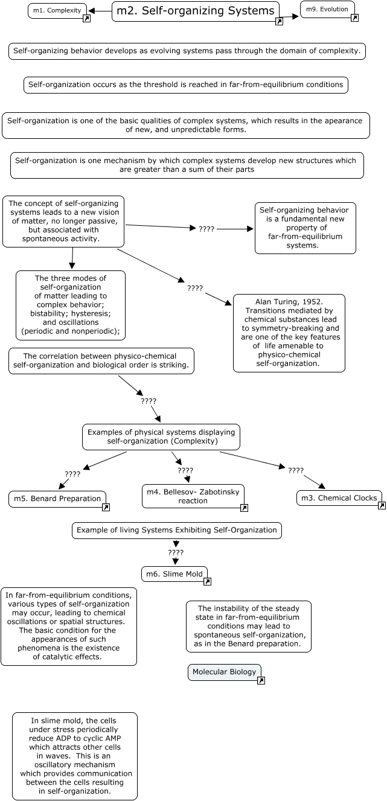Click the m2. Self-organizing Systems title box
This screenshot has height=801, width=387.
[x=195, y=11]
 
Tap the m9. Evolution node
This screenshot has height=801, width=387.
[x=327, y=9]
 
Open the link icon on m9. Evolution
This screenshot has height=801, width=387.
[x=354, y=18]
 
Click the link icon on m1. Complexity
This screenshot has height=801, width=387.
[x=86, y=19]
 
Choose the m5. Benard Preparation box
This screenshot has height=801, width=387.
[x=56, y=499]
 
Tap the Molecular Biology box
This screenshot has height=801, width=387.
[x=224, y=672]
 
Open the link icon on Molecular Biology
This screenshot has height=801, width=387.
[x=261, y=680]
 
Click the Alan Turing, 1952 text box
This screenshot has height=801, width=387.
[x=289, y=333]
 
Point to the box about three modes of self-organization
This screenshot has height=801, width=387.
[x=70, y=305]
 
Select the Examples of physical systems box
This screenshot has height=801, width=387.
[x=161, y=436]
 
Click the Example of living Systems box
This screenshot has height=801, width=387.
[x=177, y=530]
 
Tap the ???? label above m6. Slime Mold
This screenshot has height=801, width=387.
[x=176, y=552]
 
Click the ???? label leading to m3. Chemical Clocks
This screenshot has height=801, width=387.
[x=296, y=470]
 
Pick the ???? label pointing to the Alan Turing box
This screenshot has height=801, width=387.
[x=195, y=289]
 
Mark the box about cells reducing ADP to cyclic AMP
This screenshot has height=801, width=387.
[x=75, y=756]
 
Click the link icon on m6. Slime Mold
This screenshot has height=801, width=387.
[x=207, y=582]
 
